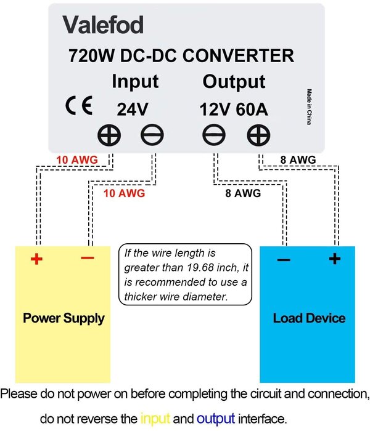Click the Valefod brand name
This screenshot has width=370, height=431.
click(x=103, y=25)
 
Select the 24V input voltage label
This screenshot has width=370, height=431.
click(x=133, y=109)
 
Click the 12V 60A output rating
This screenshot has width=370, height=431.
click(x=233, y=109)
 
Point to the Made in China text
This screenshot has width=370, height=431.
click(x=308, y=107)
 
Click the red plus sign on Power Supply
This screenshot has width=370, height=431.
click(x=36, y=259)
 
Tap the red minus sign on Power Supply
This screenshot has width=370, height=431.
click(x=87, y=257)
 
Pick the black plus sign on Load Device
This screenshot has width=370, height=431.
click(x=334, y=259)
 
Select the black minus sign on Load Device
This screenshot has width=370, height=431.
click(x=283, y=260)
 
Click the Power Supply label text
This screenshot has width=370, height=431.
click(x=64, y=318)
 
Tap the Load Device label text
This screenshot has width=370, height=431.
click(x=309, y=318)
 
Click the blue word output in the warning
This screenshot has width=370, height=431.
click(x=216, y=418)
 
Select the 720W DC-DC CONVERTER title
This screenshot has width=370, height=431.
click(x=181, y=56)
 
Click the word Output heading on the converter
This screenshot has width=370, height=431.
click(x=234, y=82)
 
